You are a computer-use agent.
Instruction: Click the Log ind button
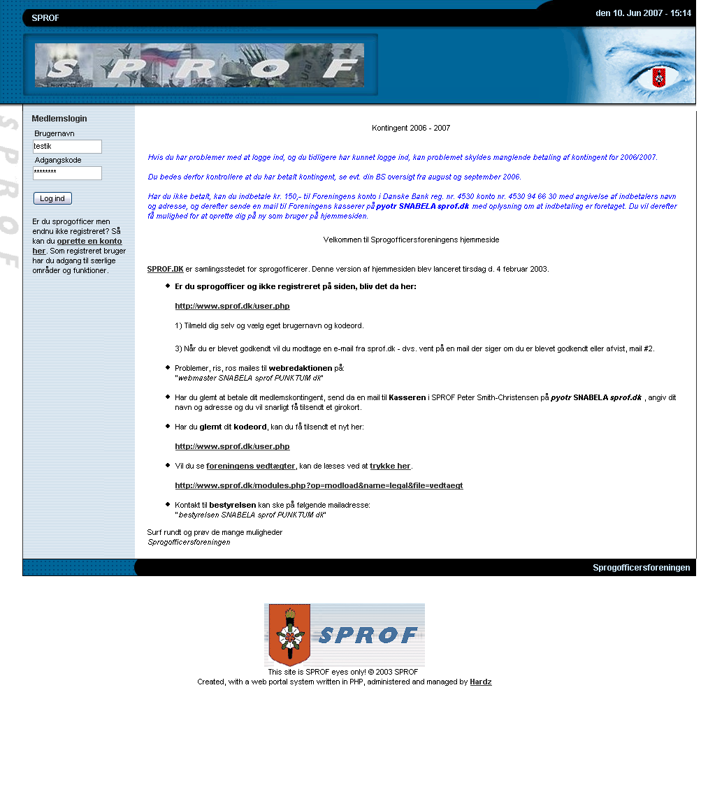click(x=52, y=198)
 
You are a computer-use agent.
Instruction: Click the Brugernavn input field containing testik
click(x=67, y=147)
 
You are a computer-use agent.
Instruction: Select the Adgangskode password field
click(x=67, y=173)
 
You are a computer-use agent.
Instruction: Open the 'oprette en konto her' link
click(x=89, y=241)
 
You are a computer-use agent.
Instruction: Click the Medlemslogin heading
click(x=59, y=119)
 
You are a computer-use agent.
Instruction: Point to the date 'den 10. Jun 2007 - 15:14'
click(x=643, y=13)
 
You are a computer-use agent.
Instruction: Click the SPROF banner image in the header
click(x=199, y=66)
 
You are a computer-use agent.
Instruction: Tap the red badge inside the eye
click(x=658, y=78)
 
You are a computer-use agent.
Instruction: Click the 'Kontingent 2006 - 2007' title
click(x=411, y=128)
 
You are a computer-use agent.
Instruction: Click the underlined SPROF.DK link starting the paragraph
click(x=165, y=269)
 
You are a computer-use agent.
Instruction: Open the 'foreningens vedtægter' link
click(x=251, y=466)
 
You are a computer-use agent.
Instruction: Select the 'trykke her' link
click(x=390, y=466)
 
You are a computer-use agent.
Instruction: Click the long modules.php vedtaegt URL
click(x=319, y=485)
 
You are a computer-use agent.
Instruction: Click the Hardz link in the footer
click(x=481, y=682)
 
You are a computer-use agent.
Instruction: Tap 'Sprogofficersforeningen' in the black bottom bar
click(x=641, y=568)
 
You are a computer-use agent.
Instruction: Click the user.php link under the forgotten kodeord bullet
click(x=232, y=446)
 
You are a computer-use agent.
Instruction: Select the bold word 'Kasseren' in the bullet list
click(x=407, y=397)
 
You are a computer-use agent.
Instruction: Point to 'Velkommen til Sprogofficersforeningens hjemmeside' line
click(x=411, y=240)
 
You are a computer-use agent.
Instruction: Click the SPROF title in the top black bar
click(x=45, y=18)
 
